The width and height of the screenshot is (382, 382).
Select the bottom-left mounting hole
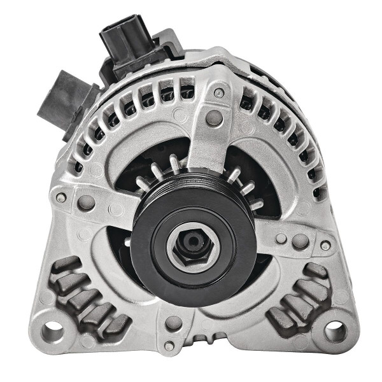[x=52, y=330]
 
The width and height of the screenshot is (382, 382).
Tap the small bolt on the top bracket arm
[x=218, y=93]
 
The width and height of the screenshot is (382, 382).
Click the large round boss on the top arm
[x=214, y=118]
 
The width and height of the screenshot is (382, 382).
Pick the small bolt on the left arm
[x=61, y=197]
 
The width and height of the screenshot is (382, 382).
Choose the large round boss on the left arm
[x=87, y=202]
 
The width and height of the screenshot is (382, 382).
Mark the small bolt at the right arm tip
[x=325, y=244]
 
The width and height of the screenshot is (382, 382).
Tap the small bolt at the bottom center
[x=169, y=346]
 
